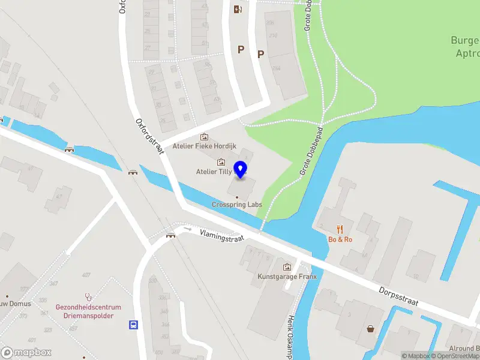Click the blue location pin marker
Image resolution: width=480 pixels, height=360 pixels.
241,170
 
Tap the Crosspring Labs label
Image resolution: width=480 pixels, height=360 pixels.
237,205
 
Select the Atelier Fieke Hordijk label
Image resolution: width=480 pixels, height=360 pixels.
205,146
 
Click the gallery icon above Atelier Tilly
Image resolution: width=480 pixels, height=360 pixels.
221,162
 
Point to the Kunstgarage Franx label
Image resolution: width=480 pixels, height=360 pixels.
287,277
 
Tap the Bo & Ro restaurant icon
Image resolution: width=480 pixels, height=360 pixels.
340,229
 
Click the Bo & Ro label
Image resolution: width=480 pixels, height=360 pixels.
340,239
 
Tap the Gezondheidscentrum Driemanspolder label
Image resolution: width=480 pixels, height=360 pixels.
88,311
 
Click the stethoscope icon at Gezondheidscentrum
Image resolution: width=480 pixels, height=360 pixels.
88,297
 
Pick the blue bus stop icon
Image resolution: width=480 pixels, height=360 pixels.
133,325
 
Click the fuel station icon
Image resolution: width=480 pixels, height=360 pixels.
238,8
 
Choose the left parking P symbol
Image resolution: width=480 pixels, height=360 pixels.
241,50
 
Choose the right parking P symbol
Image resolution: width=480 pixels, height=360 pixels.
260,54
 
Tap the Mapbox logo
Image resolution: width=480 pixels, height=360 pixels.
26,352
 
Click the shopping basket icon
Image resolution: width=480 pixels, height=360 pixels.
371,329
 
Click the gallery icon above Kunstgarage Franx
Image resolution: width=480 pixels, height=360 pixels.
287,266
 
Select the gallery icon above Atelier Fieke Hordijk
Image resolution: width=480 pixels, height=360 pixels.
205,136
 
